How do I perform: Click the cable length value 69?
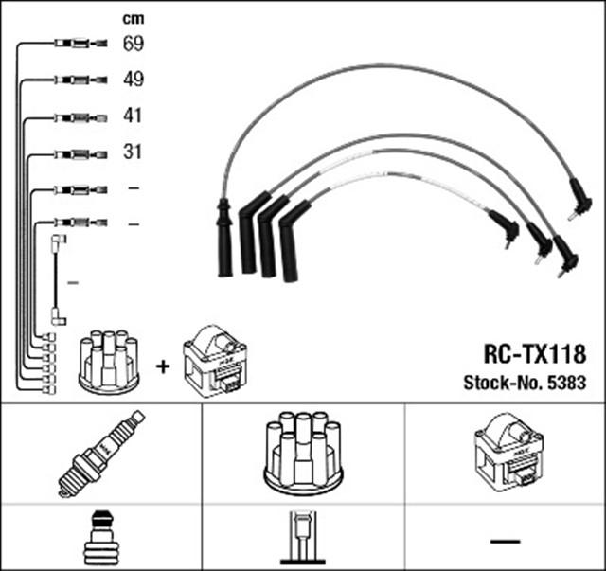pyautogui.click(x=133, y=44)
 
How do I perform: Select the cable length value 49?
pyautogui.click(x=133, y=80)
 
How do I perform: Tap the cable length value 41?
pyautogui.click(x=133, y=116)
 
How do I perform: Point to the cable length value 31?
pyautogui.click(x=133, y=152)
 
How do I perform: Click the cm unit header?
pyautogui.click(x=133, y=18)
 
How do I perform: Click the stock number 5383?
pyautogui.click(x=567, y=384)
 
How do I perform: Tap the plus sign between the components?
pyautogui.click(x=162, y=365)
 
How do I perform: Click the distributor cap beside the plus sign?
pyautogui.click(x=110, y=361)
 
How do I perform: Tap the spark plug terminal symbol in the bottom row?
pyautogui.click(x=100, y=538)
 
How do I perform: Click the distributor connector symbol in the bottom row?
pyautogui.click(x=302, y=538)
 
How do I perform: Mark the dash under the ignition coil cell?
pyautogui.click(x=505, y=541)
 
